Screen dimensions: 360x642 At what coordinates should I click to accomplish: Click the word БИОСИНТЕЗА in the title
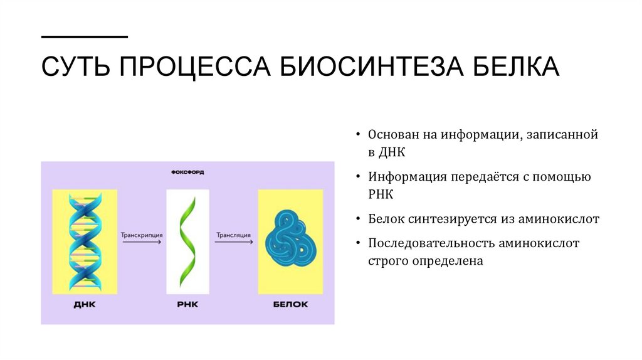pyautogui.click(x=367, y=66)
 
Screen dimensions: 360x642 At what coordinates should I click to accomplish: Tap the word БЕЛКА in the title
pyautogui.click(x=512, y=66)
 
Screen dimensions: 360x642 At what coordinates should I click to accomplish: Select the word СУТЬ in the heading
pyautogui.click(x=76, y=66)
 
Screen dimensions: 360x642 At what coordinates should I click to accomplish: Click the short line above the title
pyautogui.click(x=84, y=37)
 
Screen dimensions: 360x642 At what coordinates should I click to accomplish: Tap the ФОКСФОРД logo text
pyautogui.click(x=187, y=171)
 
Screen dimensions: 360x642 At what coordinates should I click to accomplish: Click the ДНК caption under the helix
pyautogui.click(x=85, y=305)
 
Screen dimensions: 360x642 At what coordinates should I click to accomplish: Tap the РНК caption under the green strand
pyautogui.click(x=187, y=305)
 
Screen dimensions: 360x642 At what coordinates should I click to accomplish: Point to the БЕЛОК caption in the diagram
pyautogui.click(x=290, y=305)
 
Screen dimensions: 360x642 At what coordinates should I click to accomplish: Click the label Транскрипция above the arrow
pyautogui.click(x=142, y=235)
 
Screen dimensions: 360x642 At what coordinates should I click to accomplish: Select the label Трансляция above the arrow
pyautogui.click(x=234, y=235)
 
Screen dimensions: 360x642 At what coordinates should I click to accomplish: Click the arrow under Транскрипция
pyautogui.click(x=142, y=243)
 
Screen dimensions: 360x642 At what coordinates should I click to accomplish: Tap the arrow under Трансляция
pyautogui.click(x=234, y=243)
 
